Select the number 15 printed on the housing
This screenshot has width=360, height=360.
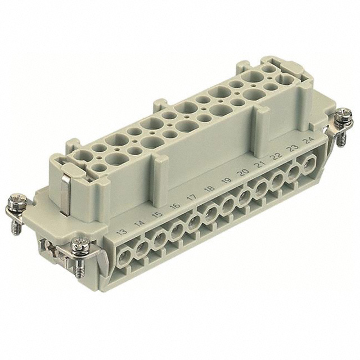pyautogui.click(x=158, y=215)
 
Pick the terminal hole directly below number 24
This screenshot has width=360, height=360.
pyautogui.click(x=308, y=166)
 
